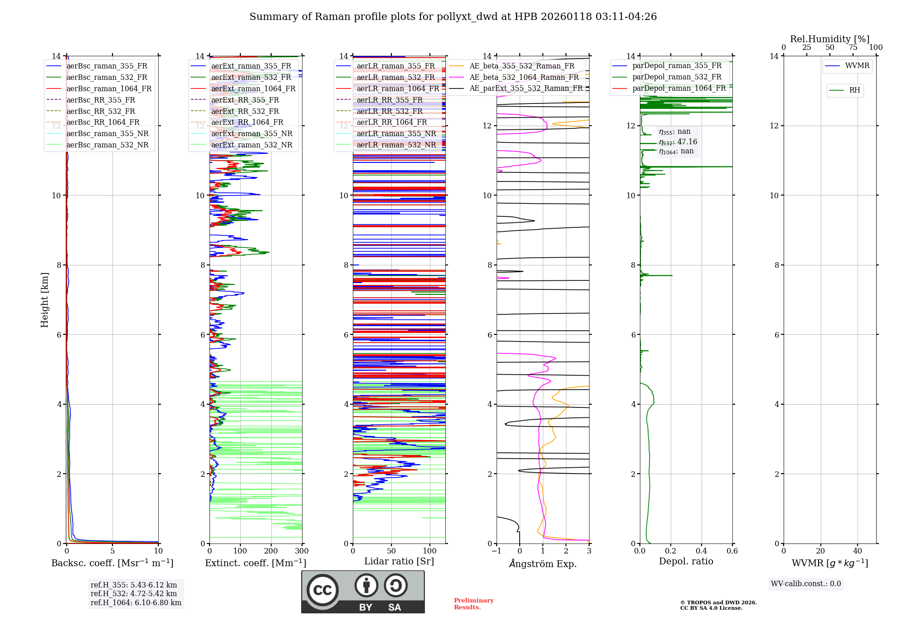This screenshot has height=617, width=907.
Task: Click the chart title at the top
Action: pyautogui.click(x=453, y=17)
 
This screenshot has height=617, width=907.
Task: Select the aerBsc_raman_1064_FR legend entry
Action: pyautogui.click(x=109, y=88)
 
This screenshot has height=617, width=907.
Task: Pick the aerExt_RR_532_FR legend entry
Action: pyautogui.click(x=245, y=111)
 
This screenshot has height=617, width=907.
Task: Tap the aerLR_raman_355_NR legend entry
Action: pyautogui.click(x=396, y=133)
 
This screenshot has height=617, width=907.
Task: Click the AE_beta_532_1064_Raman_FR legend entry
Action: pyautogui.click(x=524, y=77)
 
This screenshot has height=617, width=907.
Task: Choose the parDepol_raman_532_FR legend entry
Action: pyautogui.click(x=677, y=77)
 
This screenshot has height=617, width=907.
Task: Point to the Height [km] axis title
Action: pyautogui.click(x=44, y=300)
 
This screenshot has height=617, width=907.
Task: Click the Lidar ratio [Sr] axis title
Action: pyautogui.click(x=399, y=561)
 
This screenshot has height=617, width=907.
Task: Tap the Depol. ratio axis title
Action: pyautogui.click(x=686, y=561)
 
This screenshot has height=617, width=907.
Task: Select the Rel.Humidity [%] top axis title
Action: pyautogui.click(x=829, y=39)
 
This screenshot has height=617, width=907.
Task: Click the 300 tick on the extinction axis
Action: pyautogui.click(x=302, y=551)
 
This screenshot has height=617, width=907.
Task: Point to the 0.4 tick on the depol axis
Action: pyautogui.click(x=701, y=551)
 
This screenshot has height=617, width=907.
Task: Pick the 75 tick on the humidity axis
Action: pyautogui.click(x=853, y=48)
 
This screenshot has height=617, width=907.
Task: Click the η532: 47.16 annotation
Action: pyautogui.click(x=678, y=142)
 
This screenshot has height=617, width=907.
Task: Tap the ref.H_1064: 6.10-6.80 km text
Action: pyautogui.click(x=136, y=603)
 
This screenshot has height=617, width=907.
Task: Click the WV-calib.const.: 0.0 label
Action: pyautogui.click(x=806, y=584)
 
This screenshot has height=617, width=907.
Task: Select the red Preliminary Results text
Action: pyautogui.click(x=473, y=604)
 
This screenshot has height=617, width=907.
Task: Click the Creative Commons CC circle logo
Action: pyautogui.click(x=322, y=590)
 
